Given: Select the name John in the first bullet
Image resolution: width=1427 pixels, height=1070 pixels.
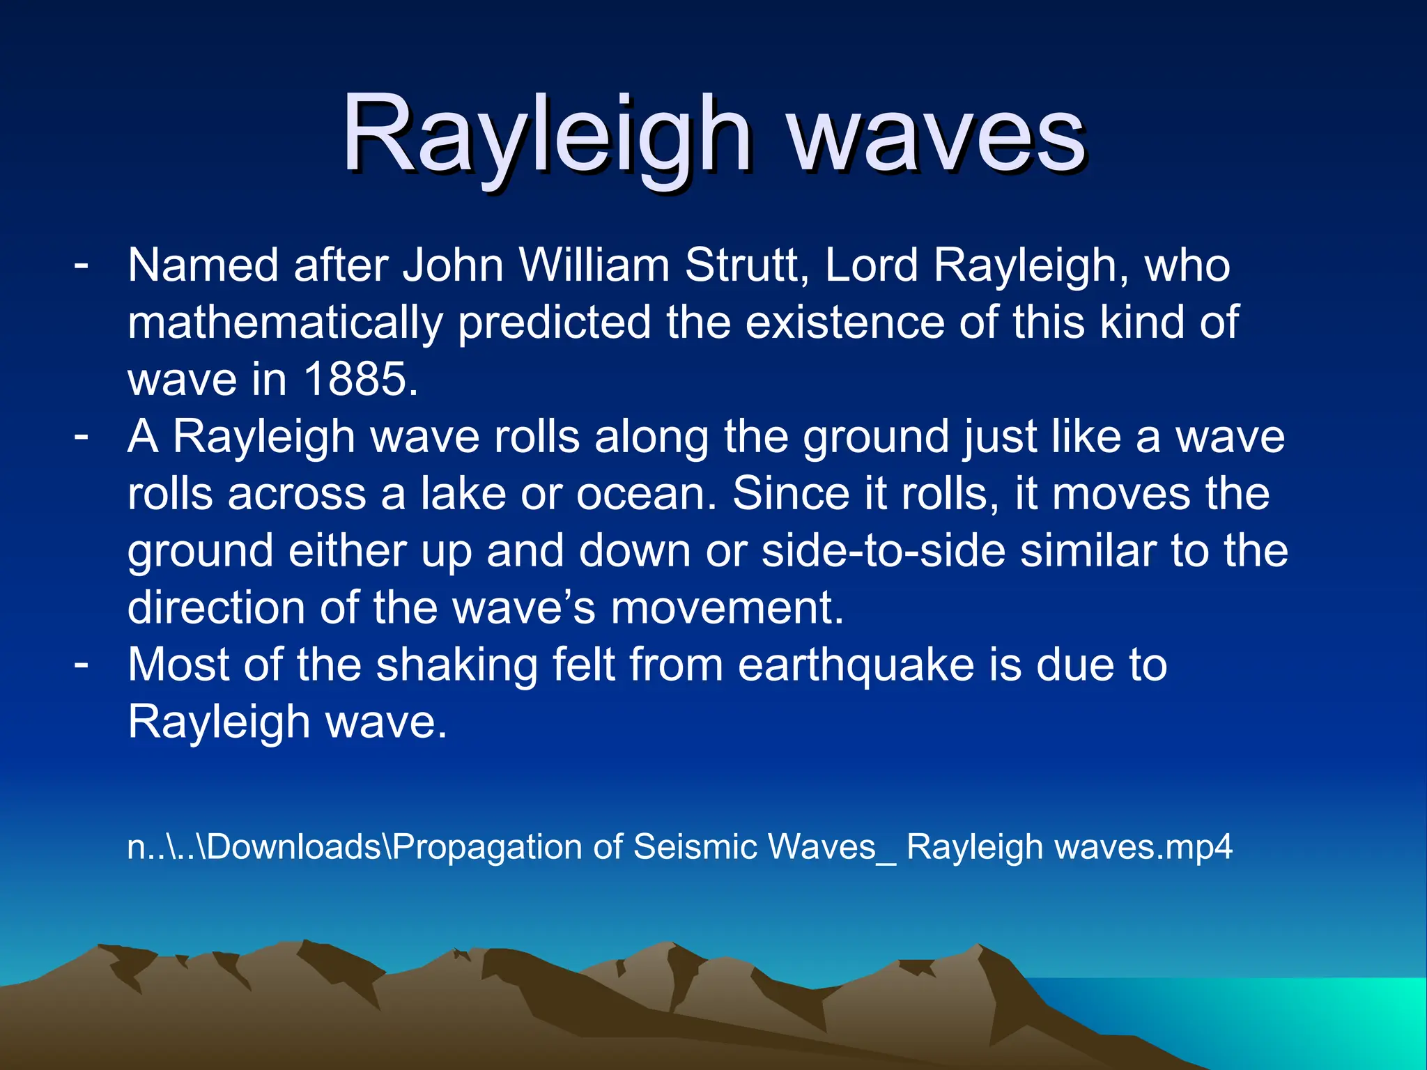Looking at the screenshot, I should click(x=453, y=266).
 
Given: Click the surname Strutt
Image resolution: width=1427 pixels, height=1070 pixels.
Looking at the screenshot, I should click(x=746, y=266).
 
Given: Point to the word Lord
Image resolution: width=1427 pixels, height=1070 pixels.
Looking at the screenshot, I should click(x=871, y=266).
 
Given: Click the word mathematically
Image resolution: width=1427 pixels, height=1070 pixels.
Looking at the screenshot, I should click(x=285, y=323).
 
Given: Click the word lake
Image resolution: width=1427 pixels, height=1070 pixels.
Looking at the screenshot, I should click(x=463, y=494).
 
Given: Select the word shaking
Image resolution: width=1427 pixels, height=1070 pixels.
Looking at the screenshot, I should click(x=457, y=665).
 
